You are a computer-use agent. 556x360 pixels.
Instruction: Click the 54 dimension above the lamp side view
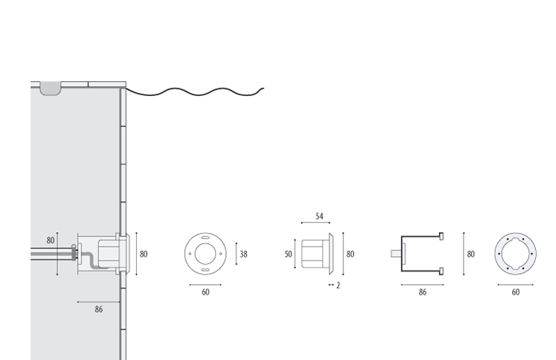point(319,216)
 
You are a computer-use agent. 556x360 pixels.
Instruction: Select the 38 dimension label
point(243,254)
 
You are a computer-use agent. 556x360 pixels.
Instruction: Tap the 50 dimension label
point(288,254)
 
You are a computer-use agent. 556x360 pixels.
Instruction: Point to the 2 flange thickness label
point(338,285)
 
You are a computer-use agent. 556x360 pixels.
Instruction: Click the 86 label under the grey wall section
point(99,309)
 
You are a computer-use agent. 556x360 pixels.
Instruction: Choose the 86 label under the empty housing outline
point(423,292)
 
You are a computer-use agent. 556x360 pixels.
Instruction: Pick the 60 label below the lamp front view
point(205,292)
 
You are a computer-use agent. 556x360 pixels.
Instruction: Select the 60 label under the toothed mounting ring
point(516,292)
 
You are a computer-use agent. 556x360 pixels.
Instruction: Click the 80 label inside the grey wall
point(50,240)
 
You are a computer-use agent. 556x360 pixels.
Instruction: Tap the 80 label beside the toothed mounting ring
point(471,254)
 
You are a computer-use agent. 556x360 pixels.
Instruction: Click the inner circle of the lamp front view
point(205,244)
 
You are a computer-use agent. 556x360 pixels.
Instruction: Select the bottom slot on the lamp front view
point(205,270)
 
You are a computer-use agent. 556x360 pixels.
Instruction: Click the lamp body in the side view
point(315,254)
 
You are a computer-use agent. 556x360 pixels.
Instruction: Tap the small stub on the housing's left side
point(396,254)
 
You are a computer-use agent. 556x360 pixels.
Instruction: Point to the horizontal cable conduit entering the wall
point(53,254)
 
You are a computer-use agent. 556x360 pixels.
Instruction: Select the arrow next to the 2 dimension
point(331,284)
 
